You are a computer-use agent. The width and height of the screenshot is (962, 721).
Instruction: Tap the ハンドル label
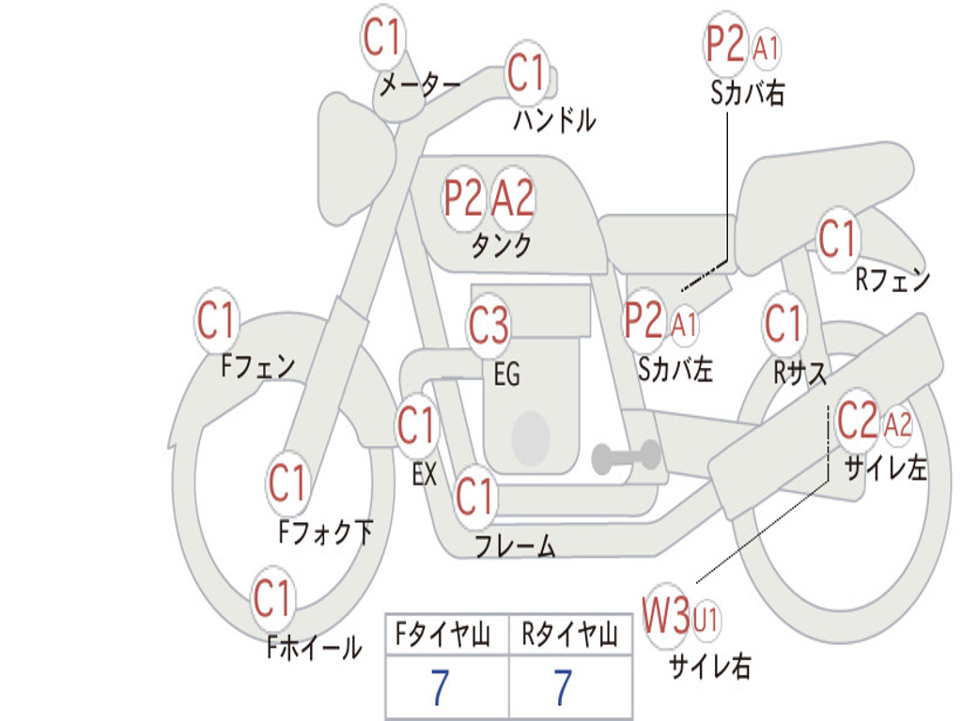554,119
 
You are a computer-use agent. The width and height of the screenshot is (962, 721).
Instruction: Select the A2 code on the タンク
513,198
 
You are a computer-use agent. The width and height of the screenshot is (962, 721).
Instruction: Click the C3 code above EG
489,323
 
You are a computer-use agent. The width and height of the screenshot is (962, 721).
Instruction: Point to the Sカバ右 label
747,93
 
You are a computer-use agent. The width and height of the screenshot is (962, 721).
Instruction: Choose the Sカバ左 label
675,369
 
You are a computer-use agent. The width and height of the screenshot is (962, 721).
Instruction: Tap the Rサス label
799,372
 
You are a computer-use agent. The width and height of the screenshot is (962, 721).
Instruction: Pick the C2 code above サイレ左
857,420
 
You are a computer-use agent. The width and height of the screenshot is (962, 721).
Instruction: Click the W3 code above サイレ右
666,614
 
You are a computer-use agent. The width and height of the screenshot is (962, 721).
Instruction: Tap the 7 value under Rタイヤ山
564,687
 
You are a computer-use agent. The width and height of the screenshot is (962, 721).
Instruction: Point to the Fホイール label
314,648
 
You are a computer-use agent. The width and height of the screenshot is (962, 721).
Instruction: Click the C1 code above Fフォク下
287,483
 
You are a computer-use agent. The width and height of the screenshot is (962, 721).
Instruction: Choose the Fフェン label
257,367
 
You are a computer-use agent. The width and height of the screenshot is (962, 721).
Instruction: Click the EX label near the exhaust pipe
425,474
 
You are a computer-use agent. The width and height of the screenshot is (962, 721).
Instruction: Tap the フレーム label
516,545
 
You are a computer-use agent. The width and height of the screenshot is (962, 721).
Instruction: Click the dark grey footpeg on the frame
626,457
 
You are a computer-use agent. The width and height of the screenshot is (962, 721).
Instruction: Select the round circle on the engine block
531,437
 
